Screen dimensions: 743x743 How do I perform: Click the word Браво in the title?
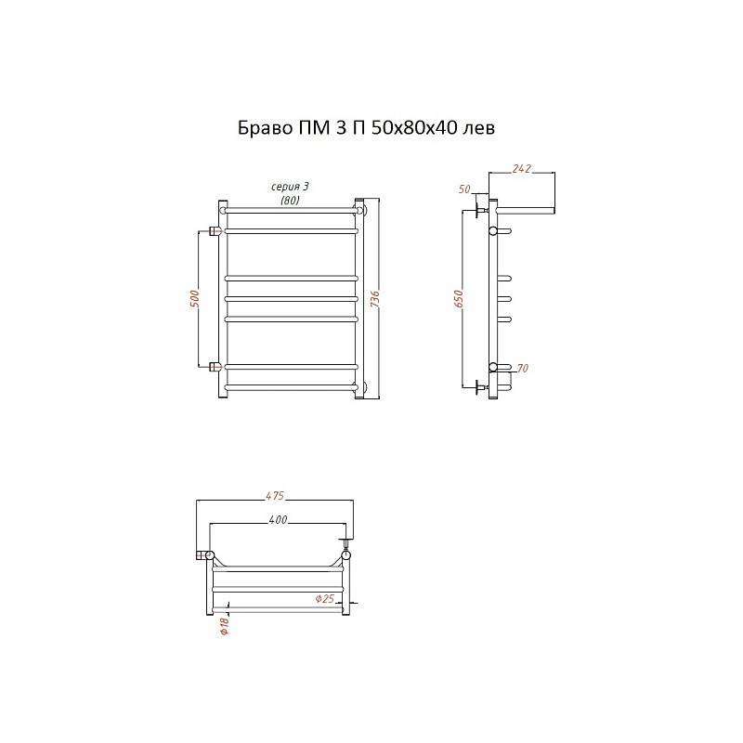click(265, 128)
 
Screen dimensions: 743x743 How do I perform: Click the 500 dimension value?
click(196, 298)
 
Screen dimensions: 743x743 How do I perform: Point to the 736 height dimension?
click(374, 299)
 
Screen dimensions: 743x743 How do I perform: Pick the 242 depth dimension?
click(521, 169)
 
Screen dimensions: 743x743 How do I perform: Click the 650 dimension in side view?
click(459, 299)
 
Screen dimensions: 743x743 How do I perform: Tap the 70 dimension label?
click(522, 368)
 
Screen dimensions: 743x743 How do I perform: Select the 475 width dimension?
click(274, 495)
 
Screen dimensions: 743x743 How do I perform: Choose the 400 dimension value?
click(278, 520)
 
